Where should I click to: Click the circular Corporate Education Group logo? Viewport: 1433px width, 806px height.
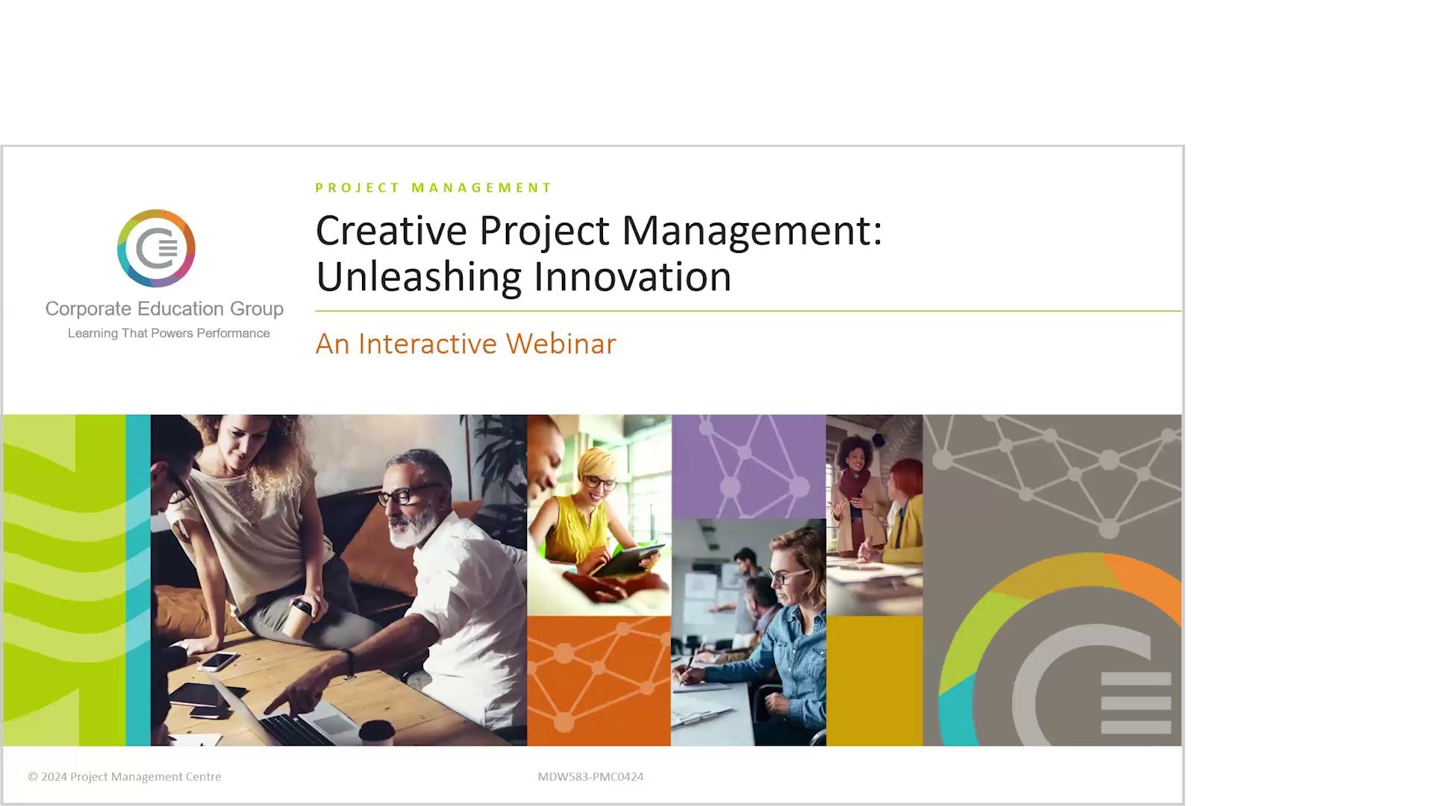click(x=156, y=249)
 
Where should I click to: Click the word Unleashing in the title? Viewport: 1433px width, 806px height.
click(x=418, y=276)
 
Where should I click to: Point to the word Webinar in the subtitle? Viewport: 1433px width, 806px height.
click(x=561, y=343)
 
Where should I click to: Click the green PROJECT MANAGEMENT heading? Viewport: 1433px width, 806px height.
click(x=433, y=187)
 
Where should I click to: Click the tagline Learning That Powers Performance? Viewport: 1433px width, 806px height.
click(x=169, y=333)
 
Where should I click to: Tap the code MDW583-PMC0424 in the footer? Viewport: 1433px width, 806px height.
click(x=590, y=776)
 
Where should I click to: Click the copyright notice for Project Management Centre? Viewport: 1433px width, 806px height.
click(x=125, y=776)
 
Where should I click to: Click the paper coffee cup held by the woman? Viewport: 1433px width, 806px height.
click(x=301, y=617)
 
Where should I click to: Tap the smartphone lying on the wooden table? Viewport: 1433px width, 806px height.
click(x=219, y=660)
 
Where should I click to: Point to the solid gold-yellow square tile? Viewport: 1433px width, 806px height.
click(x=874, y=680)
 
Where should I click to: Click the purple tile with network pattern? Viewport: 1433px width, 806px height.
click(x=749, y=466)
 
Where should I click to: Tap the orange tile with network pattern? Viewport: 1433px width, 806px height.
click(x=599, y=680)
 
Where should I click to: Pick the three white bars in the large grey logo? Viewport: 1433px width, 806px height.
click(x=1136, y=702)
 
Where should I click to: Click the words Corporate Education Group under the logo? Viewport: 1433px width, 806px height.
click(x=164, y=308)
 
